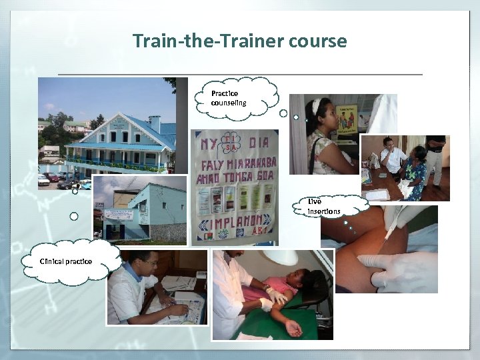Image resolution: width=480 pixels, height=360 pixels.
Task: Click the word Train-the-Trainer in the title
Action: (x=208, y=41)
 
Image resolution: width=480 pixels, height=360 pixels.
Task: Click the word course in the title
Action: (x=318, y=41)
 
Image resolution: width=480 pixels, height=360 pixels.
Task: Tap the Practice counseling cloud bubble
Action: (x=230, y=98)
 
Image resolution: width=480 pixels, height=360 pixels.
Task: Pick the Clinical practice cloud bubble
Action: (x=66, y=261)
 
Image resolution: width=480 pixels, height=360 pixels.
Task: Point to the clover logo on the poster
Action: (x=231, y=145)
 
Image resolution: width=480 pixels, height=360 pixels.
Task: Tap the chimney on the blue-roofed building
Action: (x=155, y=123)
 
